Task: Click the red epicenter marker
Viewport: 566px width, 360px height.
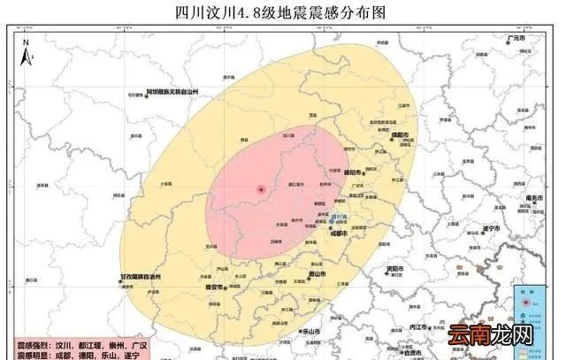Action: point(261,189)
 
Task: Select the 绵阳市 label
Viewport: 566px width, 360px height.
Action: point(397,134)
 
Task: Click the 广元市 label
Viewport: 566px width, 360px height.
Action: point(512,40)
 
